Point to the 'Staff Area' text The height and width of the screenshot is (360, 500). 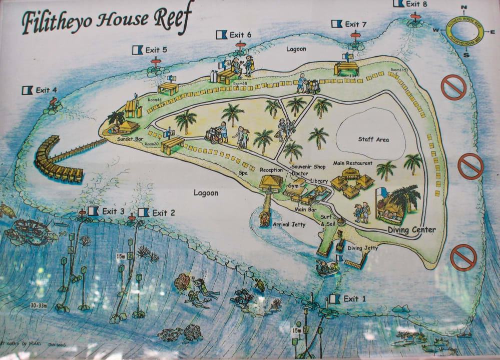(x=373, y=139)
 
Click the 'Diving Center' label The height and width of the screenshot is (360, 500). (x=411, y=230)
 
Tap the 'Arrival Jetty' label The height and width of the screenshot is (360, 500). (x=289, y=224)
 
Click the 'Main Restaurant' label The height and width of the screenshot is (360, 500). (x=353, y=163)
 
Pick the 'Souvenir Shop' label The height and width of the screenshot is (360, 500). (x=309, y=166)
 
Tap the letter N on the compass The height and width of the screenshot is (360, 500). (x=464, y=7)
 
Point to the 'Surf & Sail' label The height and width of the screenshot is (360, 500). (x=326, y=220)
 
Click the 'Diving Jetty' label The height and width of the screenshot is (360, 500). (x=363, y=248)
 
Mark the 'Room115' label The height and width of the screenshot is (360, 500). (x=399, y=70)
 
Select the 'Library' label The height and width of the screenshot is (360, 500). (x=319, y=181)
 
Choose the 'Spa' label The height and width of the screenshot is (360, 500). (x=244, y=172)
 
